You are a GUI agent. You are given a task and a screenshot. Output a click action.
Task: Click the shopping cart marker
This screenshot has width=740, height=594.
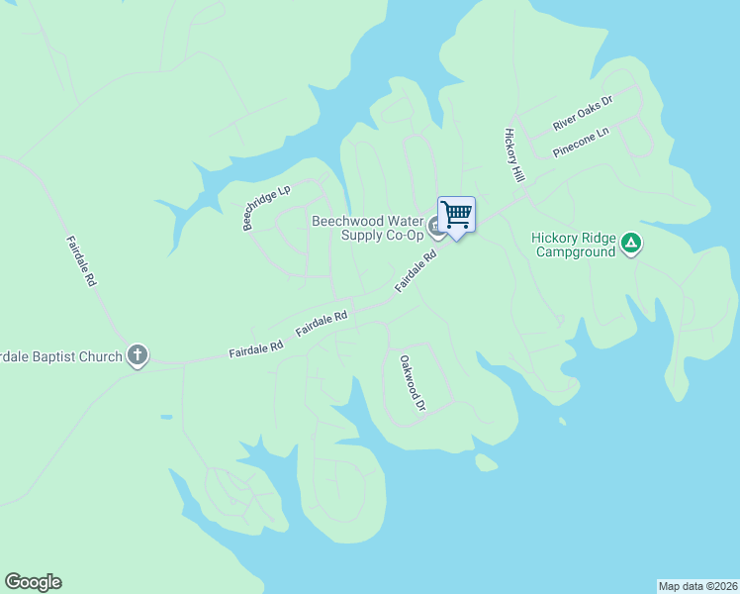coord(456,214)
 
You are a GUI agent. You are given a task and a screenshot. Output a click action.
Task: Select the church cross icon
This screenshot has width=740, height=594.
coord(138,355)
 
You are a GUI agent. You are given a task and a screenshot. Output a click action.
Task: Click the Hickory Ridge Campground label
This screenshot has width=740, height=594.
coord(574,245)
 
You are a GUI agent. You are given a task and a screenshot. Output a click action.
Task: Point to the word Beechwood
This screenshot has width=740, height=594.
coord(347,221)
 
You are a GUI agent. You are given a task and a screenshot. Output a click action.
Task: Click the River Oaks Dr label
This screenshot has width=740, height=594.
coord(584,113)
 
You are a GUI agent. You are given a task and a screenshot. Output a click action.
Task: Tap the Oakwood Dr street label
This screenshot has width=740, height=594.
coord(412,383)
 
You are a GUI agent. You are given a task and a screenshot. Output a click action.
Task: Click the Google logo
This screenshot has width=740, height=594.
coord(33,582)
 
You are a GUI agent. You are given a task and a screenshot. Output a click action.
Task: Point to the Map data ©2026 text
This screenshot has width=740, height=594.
coord(697,585)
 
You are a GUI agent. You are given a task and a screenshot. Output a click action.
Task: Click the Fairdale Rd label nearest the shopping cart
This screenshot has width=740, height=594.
coord(416,271)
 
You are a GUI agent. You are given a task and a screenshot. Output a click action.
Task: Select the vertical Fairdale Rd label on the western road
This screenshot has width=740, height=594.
coord(81,261)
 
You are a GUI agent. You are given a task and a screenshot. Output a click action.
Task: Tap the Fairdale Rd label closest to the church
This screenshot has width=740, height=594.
coord(255,347)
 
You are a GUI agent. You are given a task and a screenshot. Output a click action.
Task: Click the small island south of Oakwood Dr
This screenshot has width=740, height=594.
coord(485,462)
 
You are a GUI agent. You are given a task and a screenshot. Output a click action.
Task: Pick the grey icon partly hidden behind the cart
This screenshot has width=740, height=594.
coord(435,230)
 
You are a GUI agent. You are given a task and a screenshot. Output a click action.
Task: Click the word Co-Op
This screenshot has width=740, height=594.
coord(403,236)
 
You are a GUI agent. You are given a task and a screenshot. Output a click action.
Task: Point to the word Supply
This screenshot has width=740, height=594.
coord(361,236)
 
